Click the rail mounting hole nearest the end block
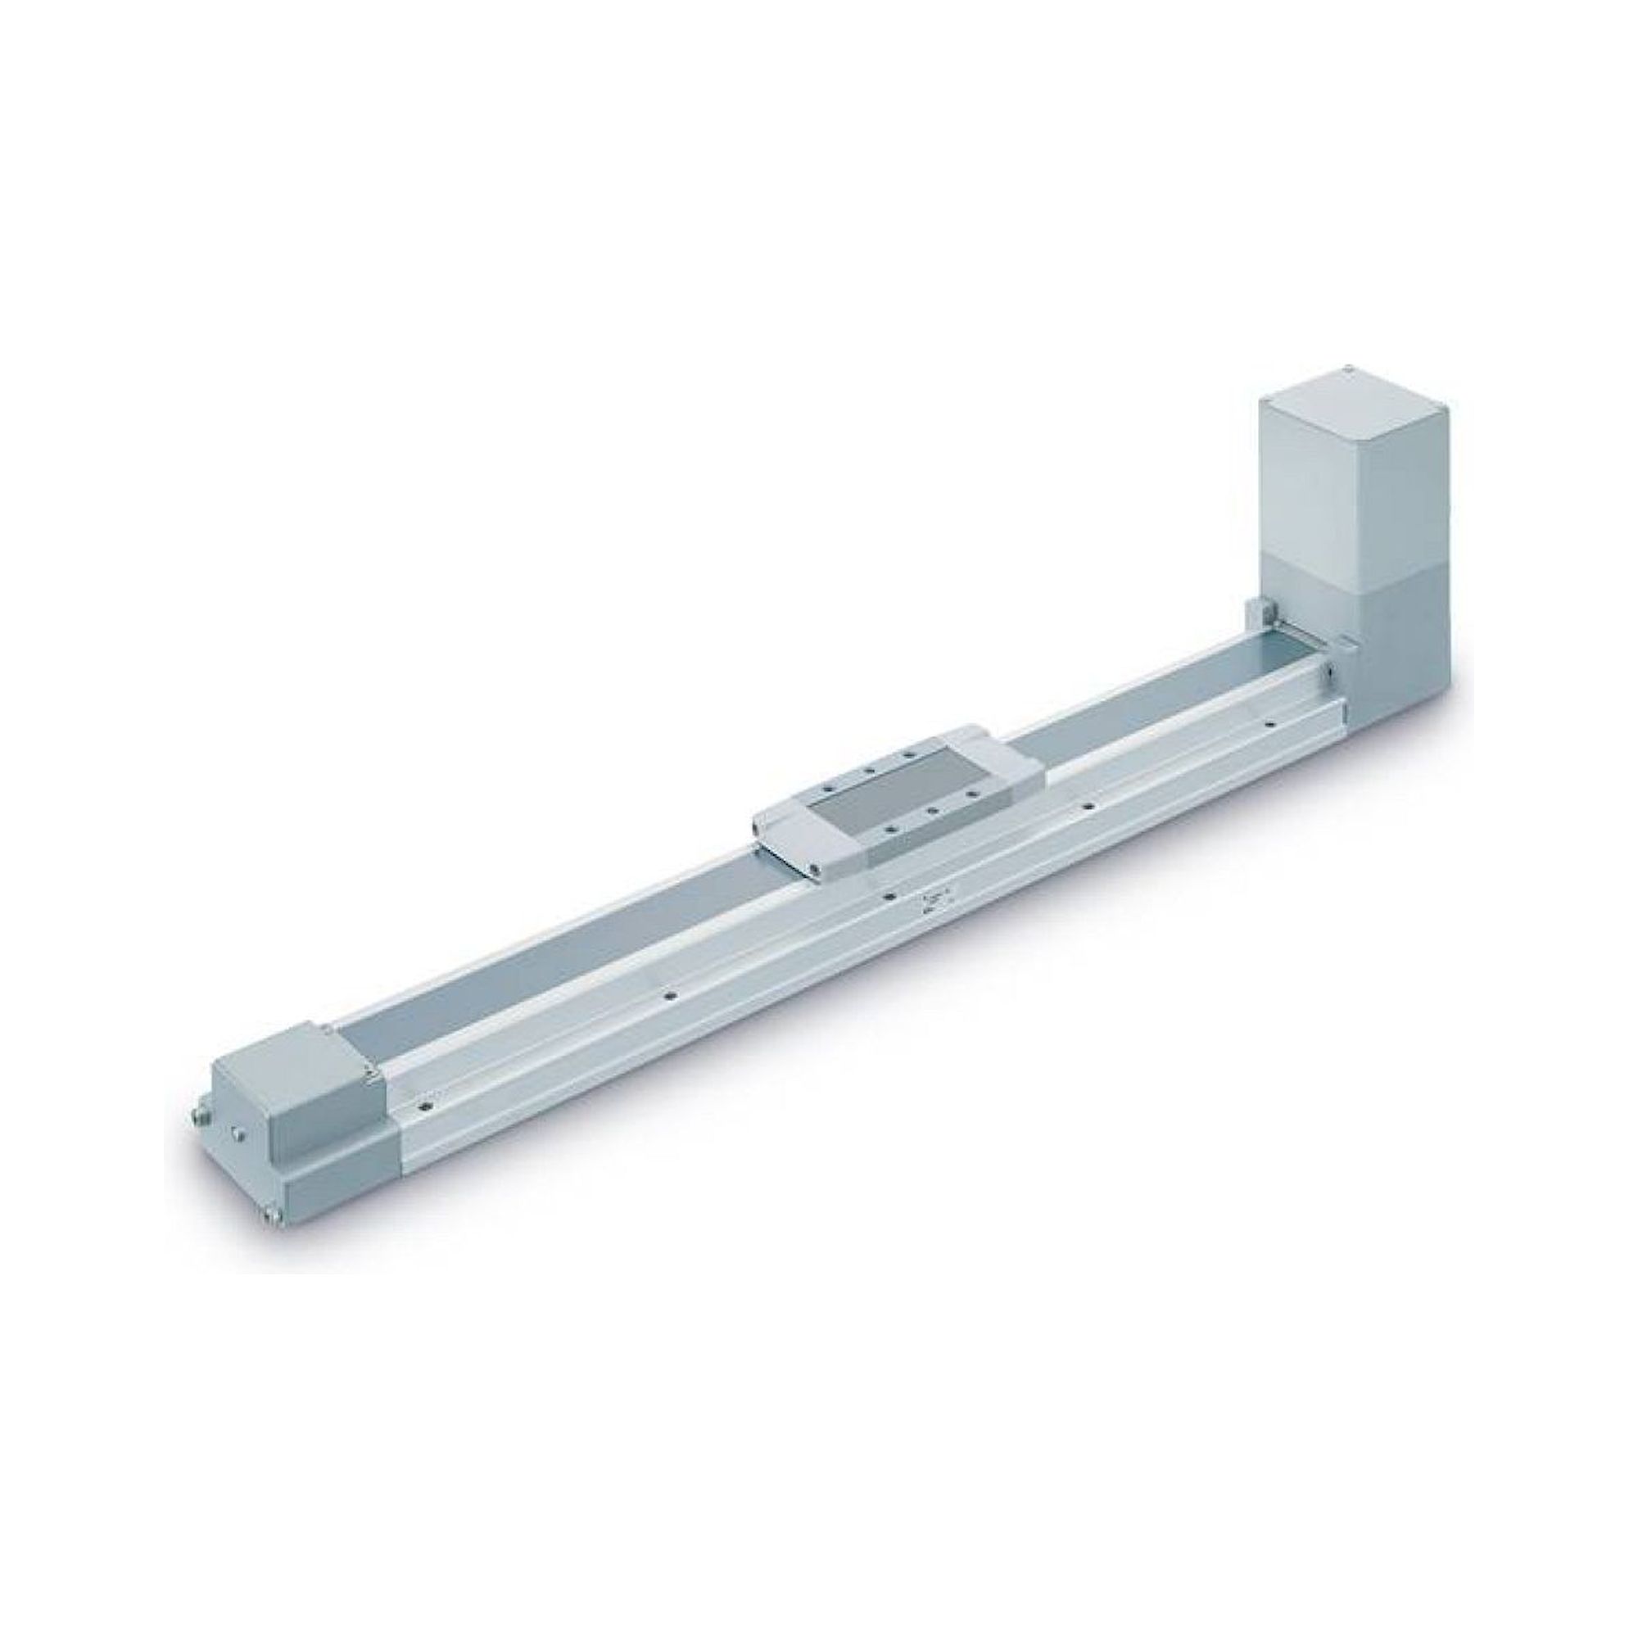click(x=420, y=1106)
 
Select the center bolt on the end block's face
click(x=240, y=1136)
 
